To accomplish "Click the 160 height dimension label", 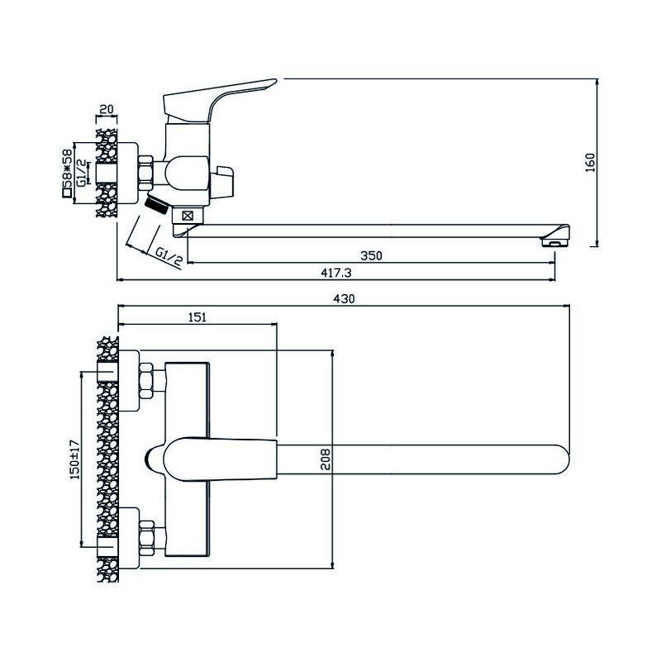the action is [591, 162].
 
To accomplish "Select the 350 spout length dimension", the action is [371, 255].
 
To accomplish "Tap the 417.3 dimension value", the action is [336, 273].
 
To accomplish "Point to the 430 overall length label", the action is [345, 298].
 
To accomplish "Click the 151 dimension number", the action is [197, 317].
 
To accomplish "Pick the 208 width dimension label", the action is [326, 459].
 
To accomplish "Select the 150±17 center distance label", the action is [74, 459].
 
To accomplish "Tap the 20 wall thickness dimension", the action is [107, 109].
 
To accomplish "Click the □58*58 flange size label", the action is [67, 173].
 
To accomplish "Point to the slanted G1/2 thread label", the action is [169, 257].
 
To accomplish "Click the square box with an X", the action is [188, 216].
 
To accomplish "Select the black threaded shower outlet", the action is [156, 205].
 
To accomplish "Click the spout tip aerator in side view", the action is [555, 241].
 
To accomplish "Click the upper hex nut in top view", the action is [146, 380].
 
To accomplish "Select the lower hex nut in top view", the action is [146, 538].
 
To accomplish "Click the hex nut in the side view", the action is [145, 173].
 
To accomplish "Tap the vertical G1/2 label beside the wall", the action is [82, 172].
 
